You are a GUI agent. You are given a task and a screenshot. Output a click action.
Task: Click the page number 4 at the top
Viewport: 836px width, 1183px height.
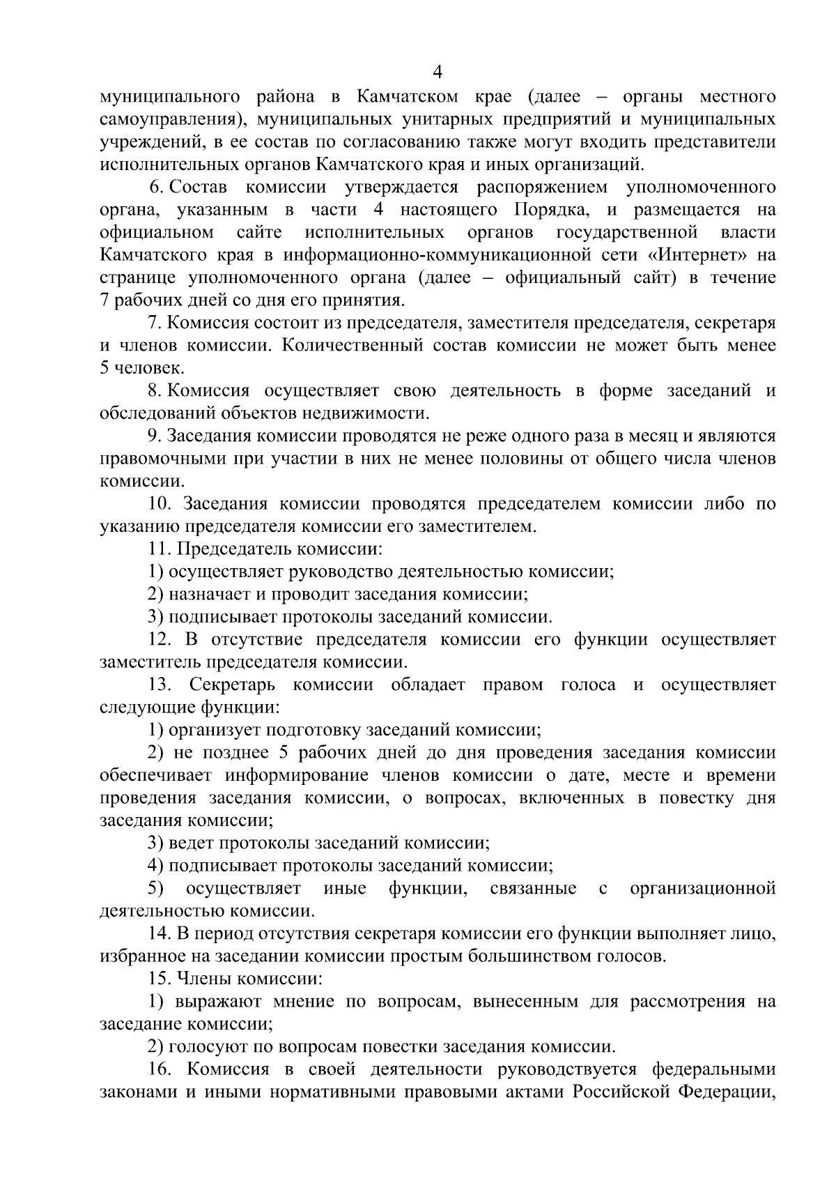[438, 72]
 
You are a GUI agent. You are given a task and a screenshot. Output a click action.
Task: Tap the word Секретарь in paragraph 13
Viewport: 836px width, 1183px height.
[234, 685]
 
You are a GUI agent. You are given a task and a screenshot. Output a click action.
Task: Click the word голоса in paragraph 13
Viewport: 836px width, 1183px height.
[588, 685]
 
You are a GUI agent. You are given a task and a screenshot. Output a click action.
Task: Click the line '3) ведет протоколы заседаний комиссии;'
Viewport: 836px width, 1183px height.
[318, 843]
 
